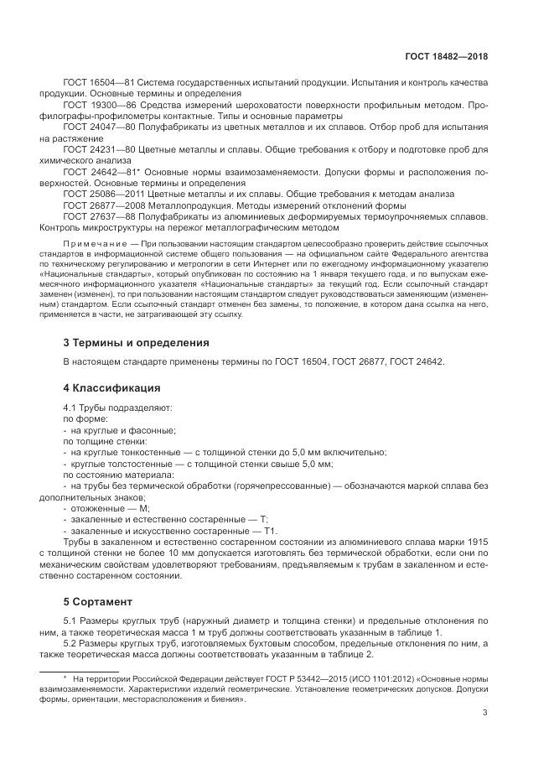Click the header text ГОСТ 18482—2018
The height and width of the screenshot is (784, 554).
coord(448,56)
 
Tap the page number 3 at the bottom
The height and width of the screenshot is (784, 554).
coord(485,714)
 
